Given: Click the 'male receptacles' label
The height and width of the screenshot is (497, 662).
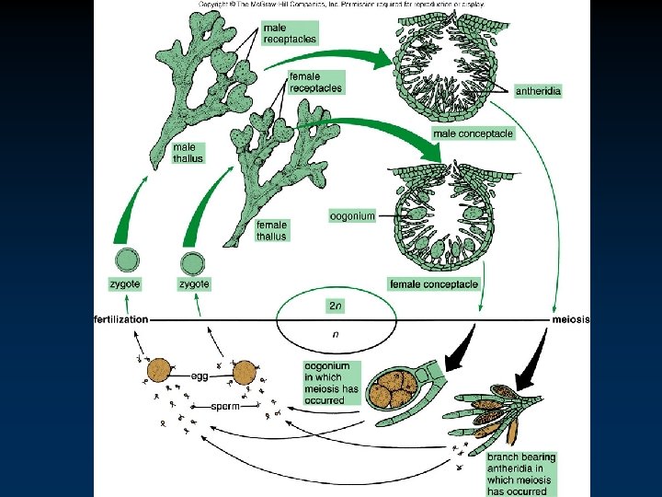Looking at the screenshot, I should click(x=290, y=33).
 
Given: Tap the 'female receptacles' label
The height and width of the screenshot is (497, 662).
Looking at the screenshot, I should click(x=315, y=82).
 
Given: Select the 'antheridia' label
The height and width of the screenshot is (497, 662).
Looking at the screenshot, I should click(x=539, y=91).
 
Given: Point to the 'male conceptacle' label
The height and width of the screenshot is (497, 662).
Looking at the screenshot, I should click(x=473, y=133).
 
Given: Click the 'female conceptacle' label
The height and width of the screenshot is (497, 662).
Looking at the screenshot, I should click(x=434, y=284).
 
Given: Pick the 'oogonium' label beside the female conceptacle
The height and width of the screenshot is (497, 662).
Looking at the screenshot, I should click(x=352, y=216).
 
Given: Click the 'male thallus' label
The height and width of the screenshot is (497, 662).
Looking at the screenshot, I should click(x=188, y=153).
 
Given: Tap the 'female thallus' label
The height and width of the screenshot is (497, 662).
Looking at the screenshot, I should click(x=271, y=230).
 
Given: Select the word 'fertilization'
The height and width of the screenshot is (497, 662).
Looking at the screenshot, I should click(x=120, y=318).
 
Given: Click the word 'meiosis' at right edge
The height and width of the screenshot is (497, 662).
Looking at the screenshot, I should click(x=571, y=318).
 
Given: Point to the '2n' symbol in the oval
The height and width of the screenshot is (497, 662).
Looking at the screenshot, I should click(x=336, y=304).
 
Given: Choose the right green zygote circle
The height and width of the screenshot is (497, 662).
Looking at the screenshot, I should click(x=193, y=263).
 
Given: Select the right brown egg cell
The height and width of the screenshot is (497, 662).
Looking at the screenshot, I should click(x=244, y=373).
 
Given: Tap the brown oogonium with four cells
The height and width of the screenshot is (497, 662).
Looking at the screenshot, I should click(x=391, y=384).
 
